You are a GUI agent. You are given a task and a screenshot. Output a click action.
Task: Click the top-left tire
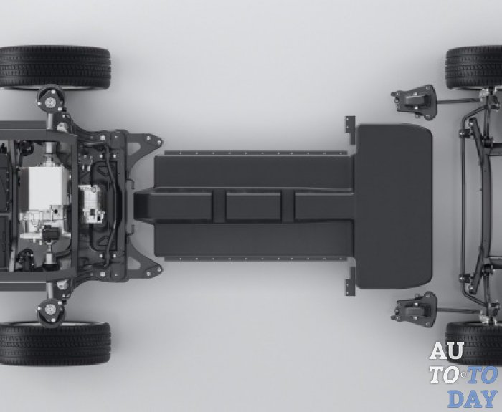click(x=55, y=67)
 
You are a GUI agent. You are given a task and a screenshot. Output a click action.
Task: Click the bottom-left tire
click(x=55, y=343)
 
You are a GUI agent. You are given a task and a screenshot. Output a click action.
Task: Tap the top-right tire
click(x=474, y=67)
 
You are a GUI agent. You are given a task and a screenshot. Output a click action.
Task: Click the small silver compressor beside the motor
click(x=92, y=203)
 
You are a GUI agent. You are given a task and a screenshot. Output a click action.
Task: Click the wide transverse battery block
click(x=394, y=206)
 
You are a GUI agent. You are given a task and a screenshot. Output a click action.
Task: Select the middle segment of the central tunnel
click(x=254, y=206)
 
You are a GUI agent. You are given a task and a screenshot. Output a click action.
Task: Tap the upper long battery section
click(x=254, y=172)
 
